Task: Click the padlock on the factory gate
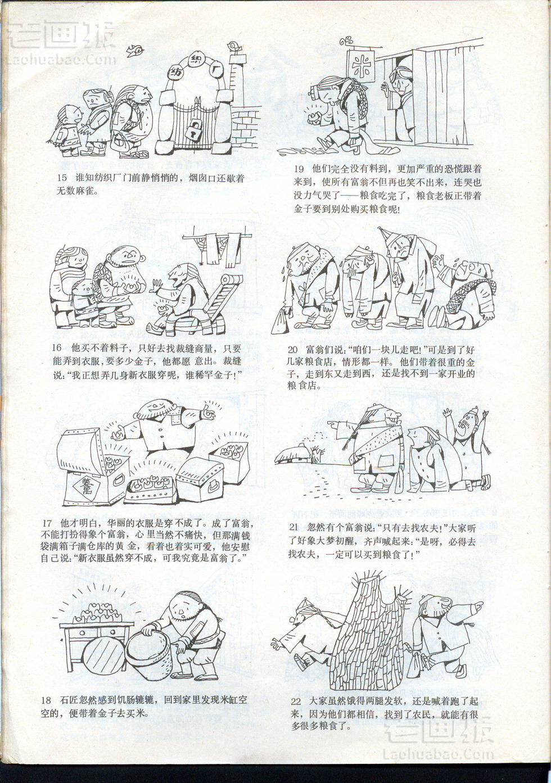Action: click(x=193, y=130)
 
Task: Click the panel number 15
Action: click(x=62, y=178)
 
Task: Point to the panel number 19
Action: click(x=299, y=169)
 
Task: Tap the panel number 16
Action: click(x=57, y=348)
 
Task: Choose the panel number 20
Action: click(x=293, y=350)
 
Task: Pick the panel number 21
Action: click(x=293, y=527)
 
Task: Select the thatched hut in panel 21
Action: click(x=293, y=454)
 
